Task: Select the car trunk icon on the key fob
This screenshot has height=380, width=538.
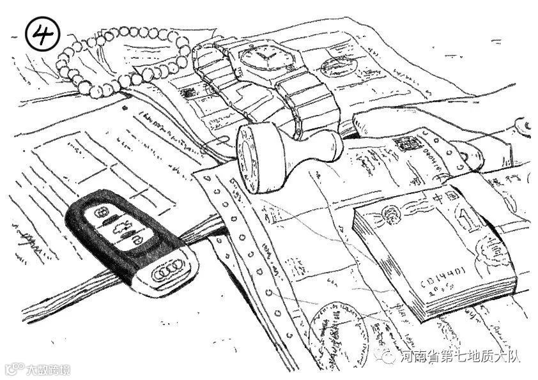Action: coord(119,228)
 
